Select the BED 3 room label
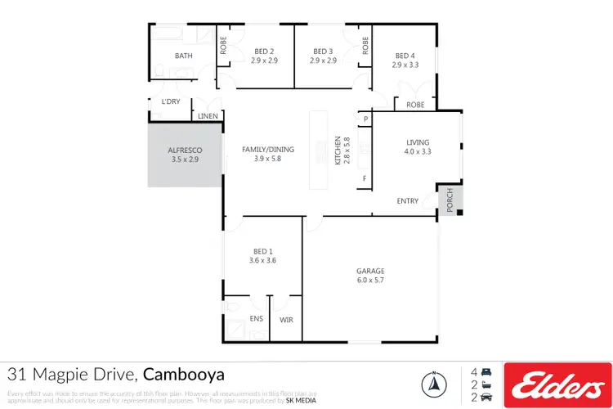[322, 51]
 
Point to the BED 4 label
[405, 55]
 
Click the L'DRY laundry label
[170, 101]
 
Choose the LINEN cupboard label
[208, 116]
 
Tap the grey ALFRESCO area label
[184, 151]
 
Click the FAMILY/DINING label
[267, 150]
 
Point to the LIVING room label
[418, 142]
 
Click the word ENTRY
[408, 201]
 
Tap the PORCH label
[449, 201]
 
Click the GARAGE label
[370, 271]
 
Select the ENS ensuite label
[256, 318]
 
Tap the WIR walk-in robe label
[286, 318]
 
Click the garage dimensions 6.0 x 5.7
[370, 280]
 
